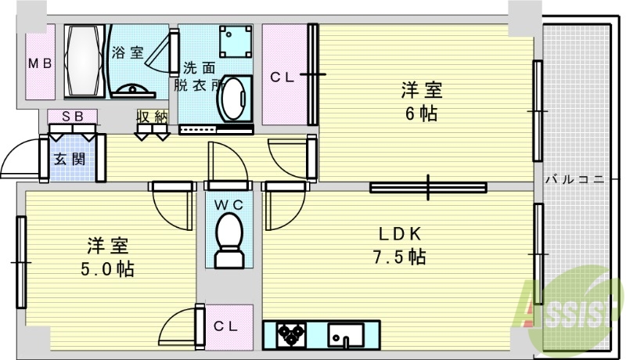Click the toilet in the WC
[229, 239]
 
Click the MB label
[41, 63]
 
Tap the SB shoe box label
[72, 116]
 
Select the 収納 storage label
[153, 117]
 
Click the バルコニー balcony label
[575, 180]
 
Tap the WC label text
[228, 204]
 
